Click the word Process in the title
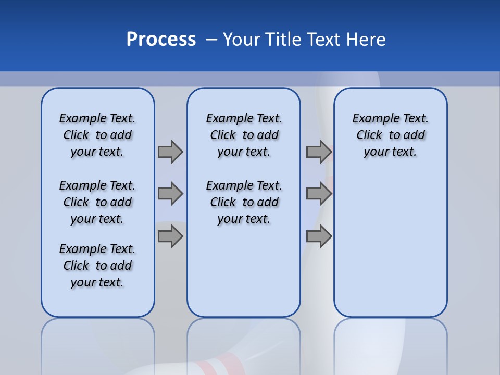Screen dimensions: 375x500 click(x=161, y=40)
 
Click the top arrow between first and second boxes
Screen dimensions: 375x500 click(x=170, y=152)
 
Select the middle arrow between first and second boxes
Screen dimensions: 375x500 click(x=170, y=194)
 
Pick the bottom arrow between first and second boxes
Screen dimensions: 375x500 click(x=170, y=236)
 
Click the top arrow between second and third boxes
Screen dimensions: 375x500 click(x=319, y=152)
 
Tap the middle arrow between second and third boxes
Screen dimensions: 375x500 click(x=319, y=194)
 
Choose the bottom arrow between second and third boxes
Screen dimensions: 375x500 click(x=319, y=236)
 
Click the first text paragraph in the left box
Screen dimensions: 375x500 click(x=97, y=135)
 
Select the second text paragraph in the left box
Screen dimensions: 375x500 click(x=97, y=202)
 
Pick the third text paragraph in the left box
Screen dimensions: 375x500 click(x=97, y=266)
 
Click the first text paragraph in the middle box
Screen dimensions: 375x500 click(x=244, y=135)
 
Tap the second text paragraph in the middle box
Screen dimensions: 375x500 click(x=244, y=202)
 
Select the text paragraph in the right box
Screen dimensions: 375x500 click(x=390, y=135)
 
